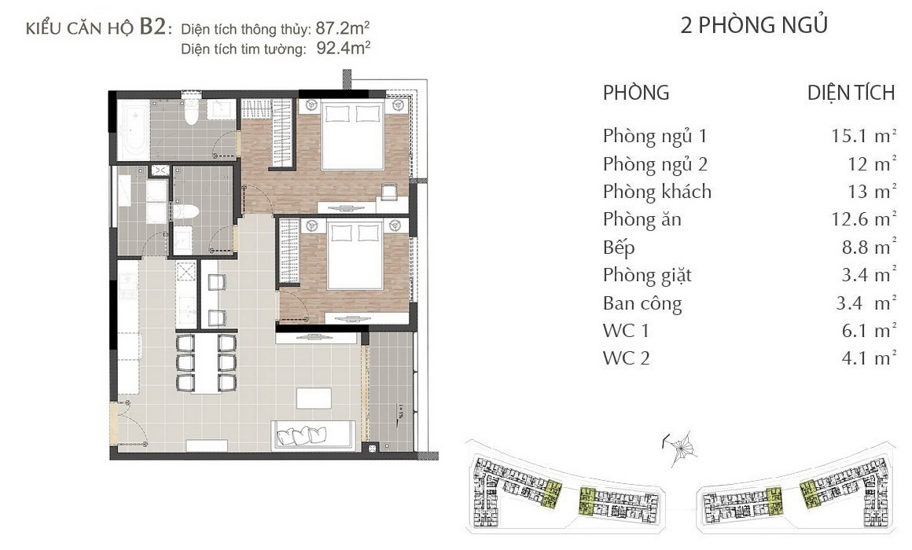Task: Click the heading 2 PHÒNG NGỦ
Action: pyautogui.click(x=754, y=25)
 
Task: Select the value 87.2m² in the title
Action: pyautogui.click(x=343, y=28)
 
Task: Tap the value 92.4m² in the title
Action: pyautogui.click(x=343, y=48)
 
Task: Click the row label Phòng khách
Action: pyautogui.click(x=657, y=191)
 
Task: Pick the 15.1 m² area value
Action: pyautogui.click(x=864, y=135)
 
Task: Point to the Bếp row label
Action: pyautogui.click(x=619, y=247)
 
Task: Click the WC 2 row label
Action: pyautogui.click(x=627, y=358)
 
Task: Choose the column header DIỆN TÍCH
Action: pyautogui.click(x=851, y=93)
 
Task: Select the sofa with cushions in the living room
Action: pyautogui.click(x=313, y=434)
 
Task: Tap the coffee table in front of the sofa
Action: pyautogui.click(x=314, y=399)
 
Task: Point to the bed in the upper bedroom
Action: pyautogui.click(x=352, y=135)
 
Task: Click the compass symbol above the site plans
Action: pyautogui.click(x=681, y=448)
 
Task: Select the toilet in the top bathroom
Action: pyautogui.click(x=191, y=111)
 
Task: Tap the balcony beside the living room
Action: pyautogui.click(x=392, y=390)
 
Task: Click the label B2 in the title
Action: pyautogui.click(x=153, y=27)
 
